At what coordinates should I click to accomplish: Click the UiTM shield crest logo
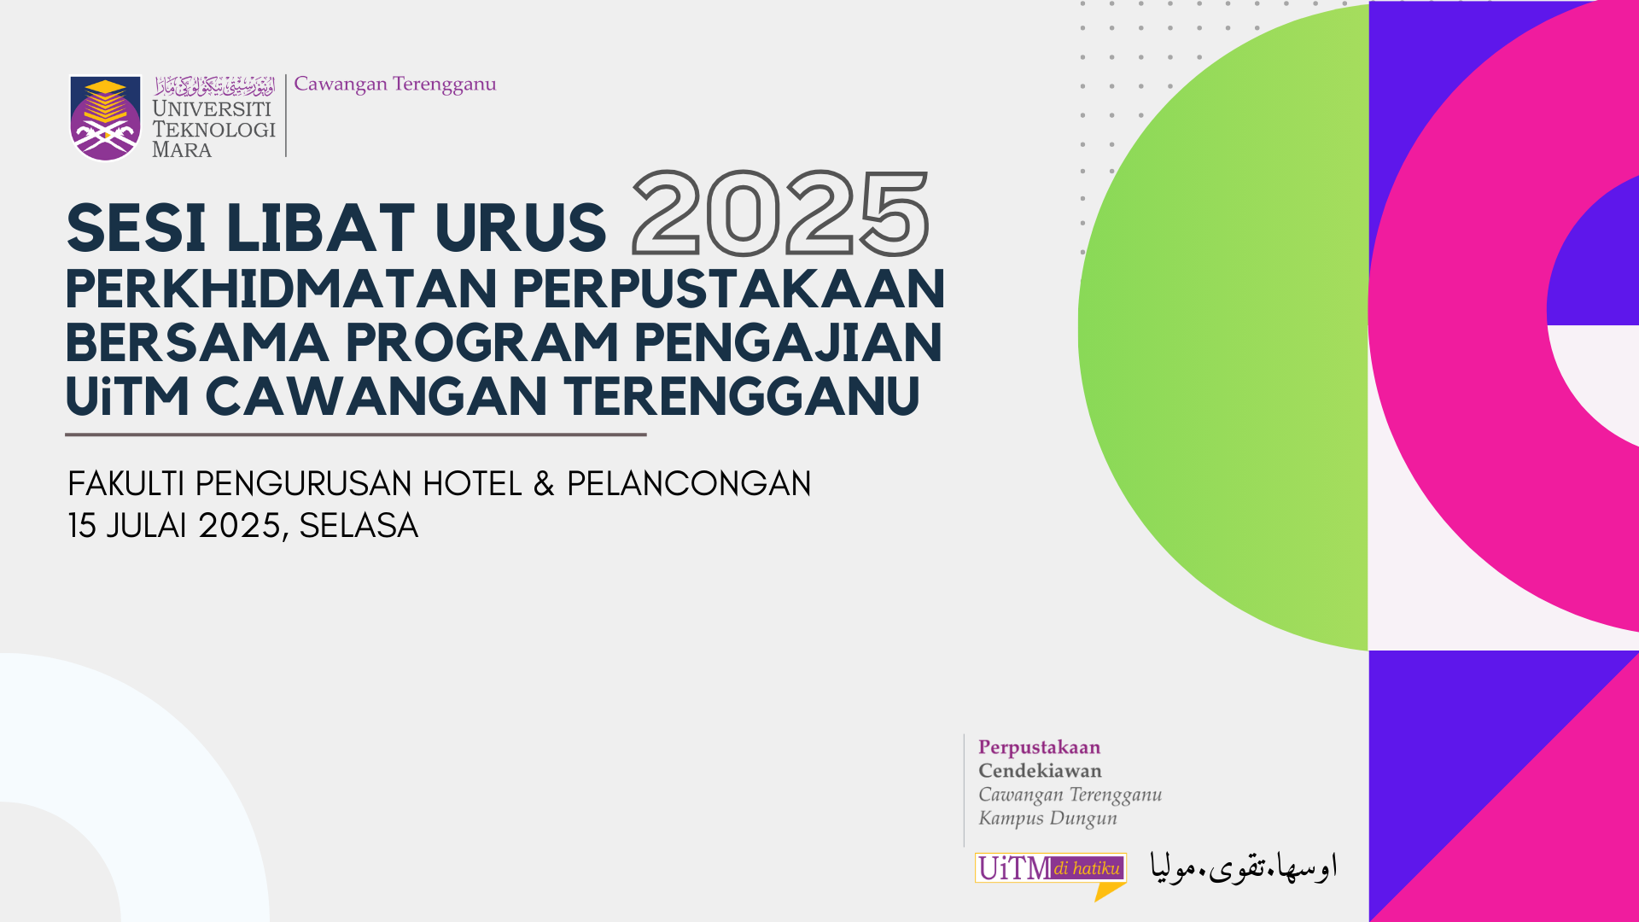point(105,118)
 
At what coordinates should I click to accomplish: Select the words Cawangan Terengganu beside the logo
point(394,85)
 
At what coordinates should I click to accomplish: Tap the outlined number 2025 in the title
point(780,213)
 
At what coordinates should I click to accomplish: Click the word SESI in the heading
point(136,229)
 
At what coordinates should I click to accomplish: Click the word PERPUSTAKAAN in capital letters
point(729,289)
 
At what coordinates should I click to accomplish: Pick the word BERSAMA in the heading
point(197,342)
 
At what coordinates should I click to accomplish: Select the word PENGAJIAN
point(788,342)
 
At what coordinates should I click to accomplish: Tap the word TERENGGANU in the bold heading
point(741,396)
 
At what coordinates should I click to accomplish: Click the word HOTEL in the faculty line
point(472,484)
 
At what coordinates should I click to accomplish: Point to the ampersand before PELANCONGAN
point(544,484)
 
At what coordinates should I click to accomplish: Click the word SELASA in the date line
point(359,526)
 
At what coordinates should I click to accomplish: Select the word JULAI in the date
point(146,526)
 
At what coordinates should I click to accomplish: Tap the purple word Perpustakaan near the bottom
point(1039,748)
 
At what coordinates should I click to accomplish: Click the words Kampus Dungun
point(1047,818)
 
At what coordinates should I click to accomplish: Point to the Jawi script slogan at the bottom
point(1244,867)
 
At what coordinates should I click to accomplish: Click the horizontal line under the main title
point(356,435)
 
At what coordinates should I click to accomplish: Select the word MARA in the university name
point(182,150)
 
